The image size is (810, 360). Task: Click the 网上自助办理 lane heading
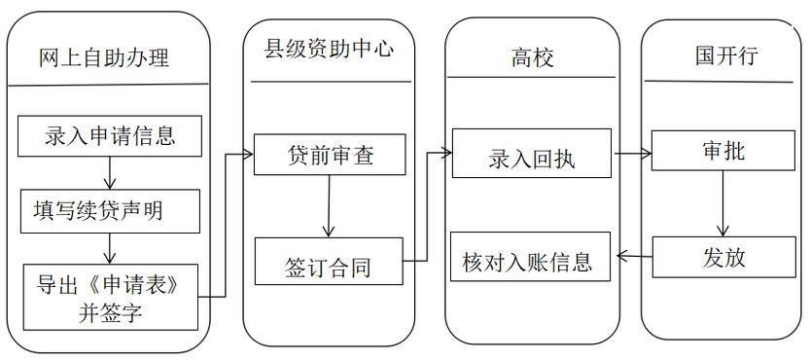click(104, 57)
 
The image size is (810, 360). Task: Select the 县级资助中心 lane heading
click(330, 48)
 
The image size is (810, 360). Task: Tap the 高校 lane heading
click(532, 57)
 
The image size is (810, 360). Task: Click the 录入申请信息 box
click(110, 135)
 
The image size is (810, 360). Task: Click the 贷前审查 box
click(330, 155)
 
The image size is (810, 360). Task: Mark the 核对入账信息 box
click(531, 261)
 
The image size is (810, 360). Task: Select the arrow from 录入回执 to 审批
click(631, 154)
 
